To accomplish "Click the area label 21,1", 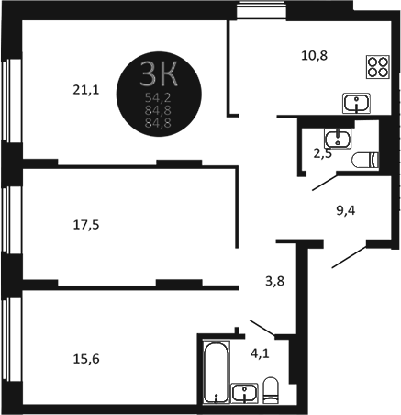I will [85, 89].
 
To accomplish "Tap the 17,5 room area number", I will [85, 222].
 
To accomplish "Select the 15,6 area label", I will [85, 360].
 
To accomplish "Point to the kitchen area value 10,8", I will [314, 54].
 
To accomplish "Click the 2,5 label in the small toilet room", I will [323, 154].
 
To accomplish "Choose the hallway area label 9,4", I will [346, 210].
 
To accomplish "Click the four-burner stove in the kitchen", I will [377, 66].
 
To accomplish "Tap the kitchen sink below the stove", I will [356, 100].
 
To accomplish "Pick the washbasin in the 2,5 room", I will [338, 139].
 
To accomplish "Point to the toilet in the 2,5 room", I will [366, 160].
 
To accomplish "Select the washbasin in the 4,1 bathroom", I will [244, 394].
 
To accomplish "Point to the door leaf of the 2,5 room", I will [323, 183].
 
